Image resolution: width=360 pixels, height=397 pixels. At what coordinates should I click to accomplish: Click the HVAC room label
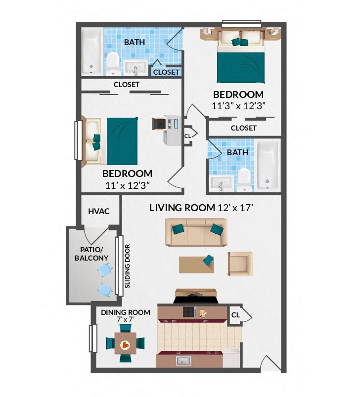[x=98, y=211]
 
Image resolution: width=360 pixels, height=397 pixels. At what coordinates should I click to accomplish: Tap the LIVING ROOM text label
[x=182, y=208]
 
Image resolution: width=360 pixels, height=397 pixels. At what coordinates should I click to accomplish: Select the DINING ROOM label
[x=125, y=312]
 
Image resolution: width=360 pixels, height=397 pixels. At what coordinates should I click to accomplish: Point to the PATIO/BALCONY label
[x=91, y=254]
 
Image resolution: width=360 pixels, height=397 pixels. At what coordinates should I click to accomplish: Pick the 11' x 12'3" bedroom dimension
[x=127, y=185]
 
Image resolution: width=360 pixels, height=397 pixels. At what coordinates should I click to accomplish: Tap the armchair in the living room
[x=240, y=264]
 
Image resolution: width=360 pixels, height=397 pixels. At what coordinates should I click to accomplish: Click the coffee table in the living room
[x=197, y=264]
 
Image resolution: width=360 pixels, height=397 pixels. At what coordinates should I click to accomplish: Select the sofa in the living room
[x=197, y=232]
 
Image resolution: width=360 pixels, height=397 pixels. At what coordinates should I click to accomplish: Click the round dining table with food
[x=126, y=345]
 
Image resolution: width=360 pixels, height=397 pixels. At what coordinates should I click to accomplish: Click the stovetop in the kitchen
[x=189, y=312]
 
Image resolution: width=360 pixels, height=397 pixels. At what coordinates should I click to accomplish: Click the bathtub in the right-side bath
[x=268, y=165]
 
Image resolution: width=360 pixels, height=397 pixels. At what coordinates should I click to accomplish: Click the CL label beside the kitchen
[x=235, y=314]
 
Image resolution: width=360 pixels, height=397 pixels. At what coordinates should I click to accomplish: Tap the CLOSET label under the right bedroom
[x=244, y=128]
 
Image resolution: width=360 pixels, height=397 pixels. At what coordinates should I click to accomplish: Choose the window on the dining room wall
[x=92, y=339]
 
